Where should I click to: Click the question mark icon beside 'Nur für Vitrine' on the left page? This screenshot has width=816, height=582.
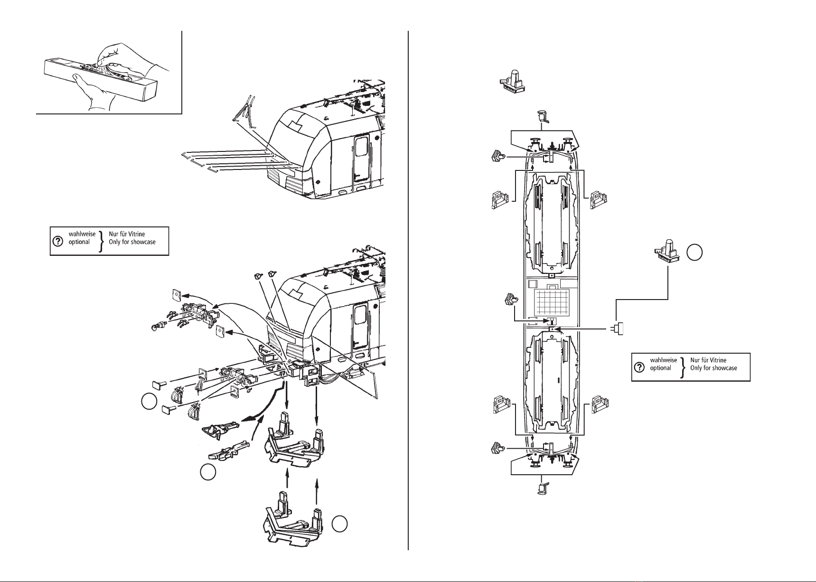(58, 242)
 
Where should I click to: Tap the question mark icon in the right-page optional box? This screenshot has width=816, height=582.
(639, 367)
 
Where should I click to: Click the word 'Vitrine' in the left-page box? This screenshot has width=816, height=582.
(135, 234)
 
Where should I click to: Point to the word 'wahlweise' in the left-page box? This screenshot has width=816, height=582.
(82, 234)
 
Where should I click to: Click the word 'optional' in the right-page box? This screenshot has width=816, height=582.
(661, 368)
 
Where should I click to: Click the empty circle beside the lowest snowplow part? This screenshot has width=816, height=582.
(339, 524)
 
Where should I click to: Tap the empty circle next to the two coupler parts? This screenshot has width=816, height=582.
(206, 472)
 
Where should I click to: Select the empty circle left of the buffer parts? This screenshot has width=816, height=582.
(149, 401)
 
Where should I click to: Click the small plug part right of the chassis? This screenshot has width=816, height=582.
(616, 329)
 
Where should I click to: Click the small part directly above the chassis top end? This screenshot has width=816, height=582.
(543, 116)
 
